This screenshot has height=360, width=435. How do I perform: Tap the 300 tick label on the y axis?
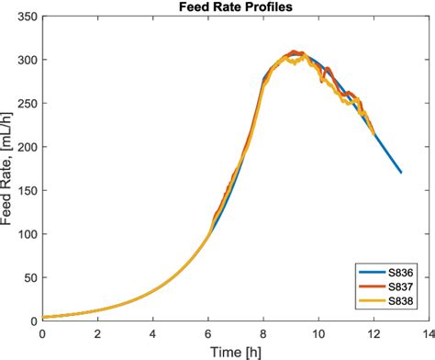pyautogui.click(x=28, y=60)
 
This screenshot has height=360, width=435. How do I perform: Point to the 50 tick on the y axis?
pyautogui.click(x=30, y=278)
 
